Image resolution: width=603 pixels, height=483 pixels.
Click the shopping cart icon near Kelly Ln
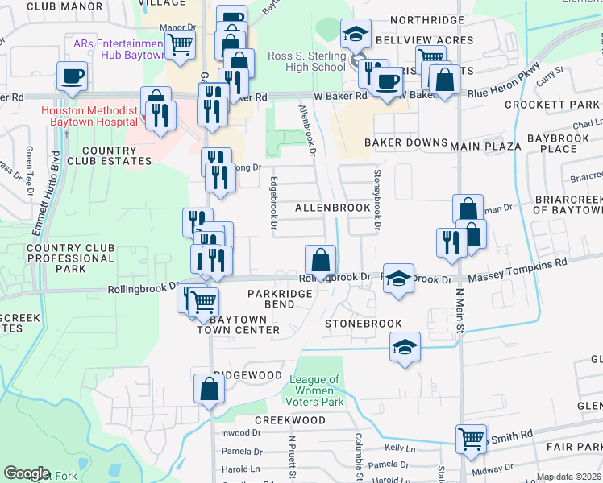[x=472, y=439]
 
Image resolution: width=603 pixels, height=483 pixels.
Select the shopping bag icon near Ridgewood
[x=209, y=389]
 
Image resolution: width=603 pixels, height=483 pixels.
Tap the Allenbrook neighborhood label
[x=332, y=208]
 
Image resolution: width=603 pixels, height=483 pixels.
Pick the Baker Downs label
[x=405, y=142]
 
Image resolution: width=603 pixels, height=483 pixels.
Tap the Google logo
[x=27, y=473]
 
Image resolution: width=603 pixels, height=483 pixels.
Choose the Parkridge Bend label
[x=279, y=299]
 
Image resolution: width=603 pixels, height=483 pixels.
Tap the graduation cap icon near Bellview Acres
[x=356, y=34]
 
